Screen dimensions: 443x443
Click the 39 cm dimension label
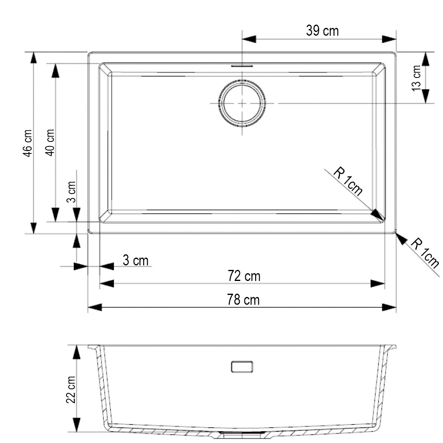322,31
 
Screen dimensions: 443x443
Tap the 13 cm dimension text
417,78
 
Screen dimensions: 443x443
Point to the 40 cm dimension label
50,142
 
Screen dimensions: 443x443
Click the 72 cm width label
244,276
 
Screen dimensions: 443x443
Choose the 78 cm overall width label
243,300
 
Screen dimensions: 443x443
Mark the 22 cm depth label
71,389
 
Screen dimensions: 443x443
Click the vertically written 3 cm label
71,192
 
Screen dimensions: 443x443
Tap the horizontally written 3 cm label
135,260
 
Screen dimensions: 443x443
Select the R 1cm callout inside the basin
348,181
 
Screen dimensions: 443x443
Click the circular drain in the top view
242,103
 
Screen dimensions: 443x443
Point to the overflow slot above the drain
242,65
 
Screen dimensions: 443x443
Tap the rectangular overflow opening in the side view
242,366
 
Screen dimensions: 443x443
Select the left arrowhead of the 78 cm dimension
95,307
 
